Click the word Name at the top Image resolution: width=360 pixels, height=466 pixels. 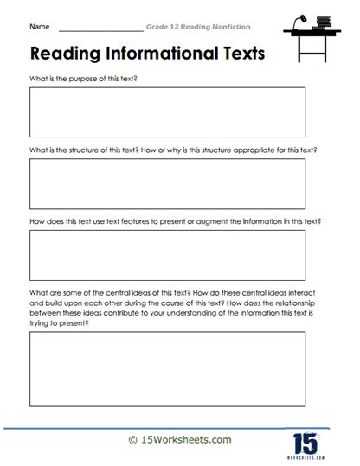(x=39, y=28)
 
